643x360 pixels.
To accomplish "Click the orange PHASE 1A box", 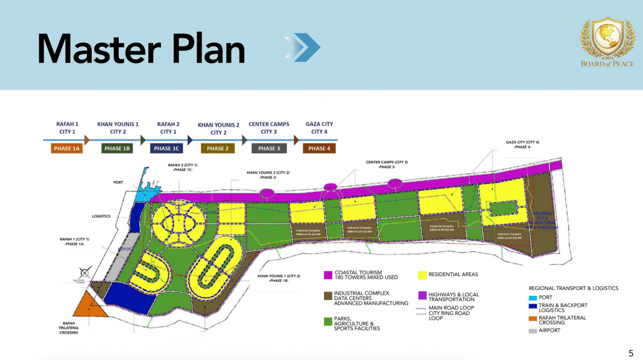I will pyautogui.click(x=67, y=148).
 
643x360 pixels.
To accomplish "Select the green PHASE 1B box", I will pyautogui.click(x=117, y=148).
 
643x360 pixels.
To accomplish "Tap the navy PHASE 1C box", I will pyautogui.click(x=167, y=148).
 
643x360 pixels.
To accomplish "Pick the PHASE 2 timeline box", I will pyautogui.click(x=217, y=148).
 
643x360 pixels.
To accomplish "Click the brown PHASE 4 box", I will pyautogui.click(x=319, y=148).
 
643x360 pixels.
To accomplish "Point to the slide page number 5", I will pyautogui.click(x=630, y=353).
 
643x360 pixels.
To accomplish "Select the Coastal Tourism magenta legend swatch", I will pyautogui.click(x=327, y=275).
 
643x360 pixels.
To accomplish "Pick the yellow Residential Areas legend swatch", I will pyautogui.click(x=422, y=275).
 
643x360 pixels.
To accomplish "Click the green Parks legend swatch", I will pyautogui.click(x=327, y=321).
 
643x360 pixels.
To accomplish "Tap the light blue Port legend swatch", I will pyautogui.click(x=533, y=297).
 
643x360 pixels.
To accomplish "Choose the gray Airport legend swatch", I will pyautogui.click(x=533, y=330).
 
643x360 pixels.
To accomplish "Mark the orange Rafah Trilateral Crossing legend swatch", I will pyautogui.click(x=533, y=318).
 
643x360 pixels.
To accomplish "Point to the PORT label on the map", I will pyautogui.click(x=119, y=182).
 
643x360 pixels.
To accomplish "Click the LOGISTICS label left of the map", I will pyautogui.click(x=101, y=216).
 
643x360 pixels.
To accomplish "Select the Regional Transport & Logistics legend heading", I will pyautogui.click(x=573, y=288).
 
